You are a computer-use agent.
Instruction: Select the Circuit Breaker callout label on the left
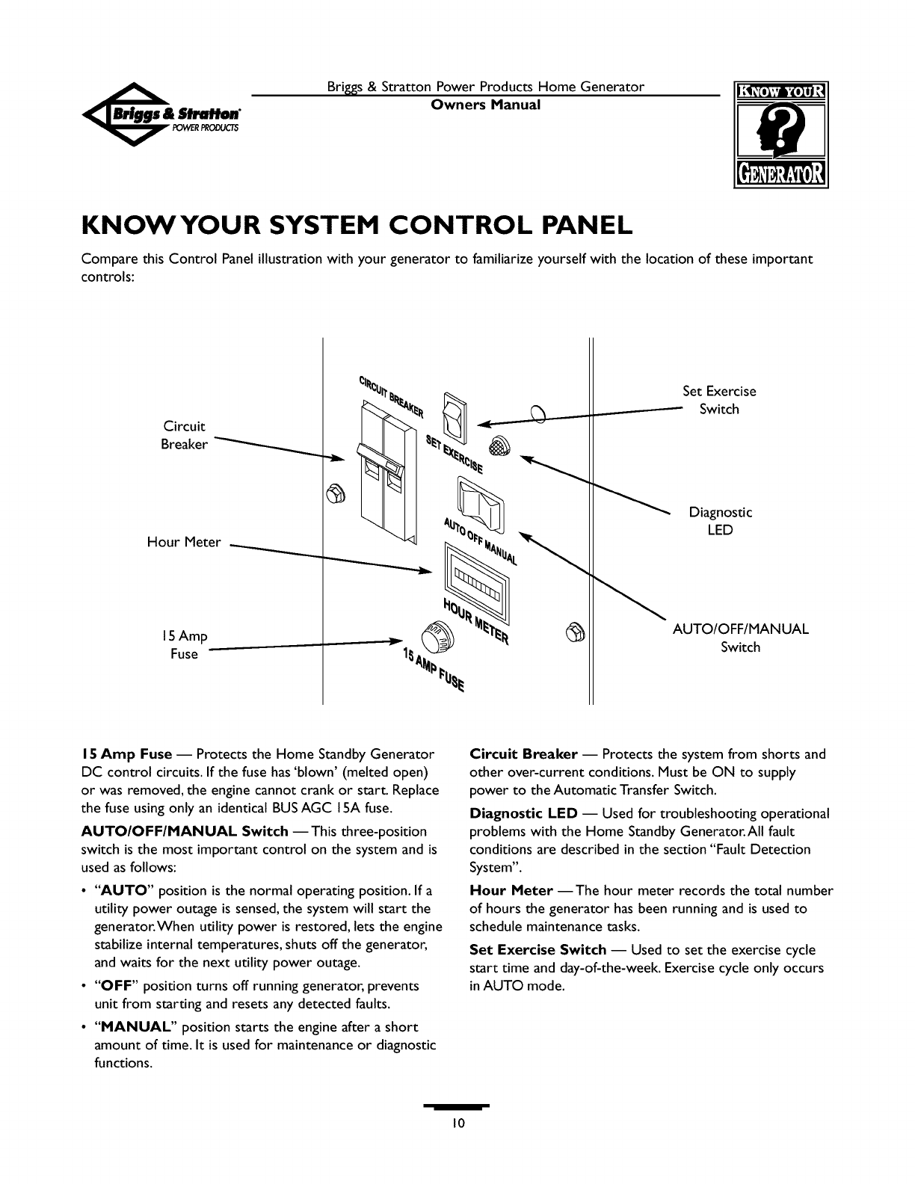pos(184,435)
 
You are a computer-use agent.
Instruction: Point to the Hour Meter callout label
pos(183,542)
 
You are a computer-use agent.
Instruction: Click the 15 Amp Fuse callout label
pos(184,644)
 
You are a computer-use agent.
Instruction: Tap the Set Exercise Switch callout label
pos(719,400)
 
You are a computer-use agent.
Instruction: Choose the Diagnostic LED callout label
pos(720,521)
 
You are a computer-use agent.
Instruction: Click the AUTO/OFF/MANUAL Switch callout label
pos(740,638)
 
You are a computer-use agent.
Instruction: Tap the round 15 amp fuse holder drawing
pos(437,637)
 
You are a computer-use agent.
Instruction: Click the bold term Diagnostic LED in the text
pos(523,813)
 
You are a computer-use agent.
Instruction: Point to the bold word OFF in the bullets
pos(114,985)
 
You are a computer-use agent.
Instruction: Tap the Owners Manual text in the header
pos(485,104)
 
